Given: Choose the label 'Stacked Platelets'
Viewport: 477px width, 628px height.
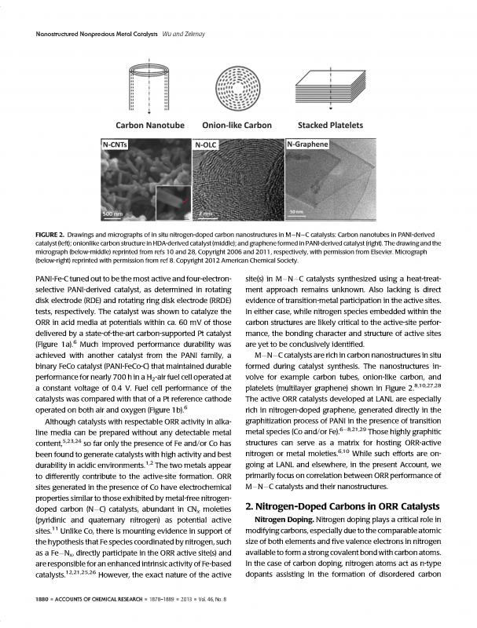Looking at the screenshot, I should pos(330,125).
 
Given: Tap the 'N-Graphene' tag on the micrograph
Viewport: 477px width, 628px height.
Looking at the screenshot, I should pos(310,145).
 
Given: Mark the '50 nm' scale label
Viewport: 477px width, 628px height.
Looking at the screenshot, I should pos(298,213).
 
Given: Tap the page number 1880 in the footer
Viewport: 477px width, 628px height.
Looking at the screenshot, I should pos(35,600).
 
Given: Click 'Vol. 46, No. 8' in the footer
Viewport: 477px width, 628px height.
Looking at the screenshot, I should pos(208,600).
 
